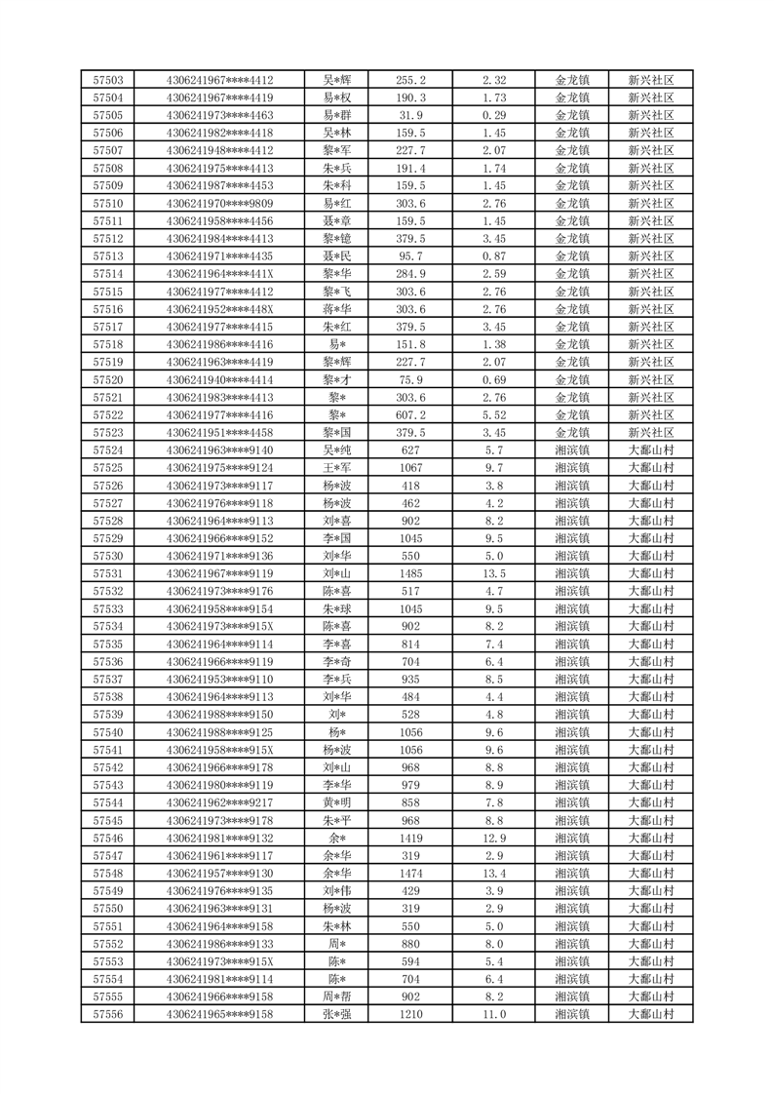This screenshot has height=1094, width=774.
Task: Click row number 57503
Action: pos(108,80)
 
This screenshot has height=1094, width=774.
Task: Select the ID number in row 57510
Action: pos(220,204)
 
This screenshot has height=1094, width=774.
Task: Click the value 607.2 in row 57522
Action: pos(410,415)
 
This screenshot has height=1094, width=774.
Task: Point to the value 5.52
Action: pos(494,415)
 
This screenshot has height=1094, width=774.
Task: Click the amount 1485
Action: pos(410,573)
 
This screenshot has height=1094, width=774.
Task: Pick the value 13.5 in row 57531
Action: pos(494,573)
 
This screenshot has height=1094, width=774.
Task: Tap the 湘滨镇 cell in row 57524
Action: pos(572,450)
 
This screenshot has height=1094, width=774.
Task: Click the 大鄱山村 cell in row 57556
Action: pos(651,1014)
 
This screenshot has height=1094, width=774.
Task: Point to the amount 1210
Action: pos(410,1014)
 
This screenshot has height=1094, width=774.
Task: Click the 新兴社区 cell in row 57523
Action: pos(651,433)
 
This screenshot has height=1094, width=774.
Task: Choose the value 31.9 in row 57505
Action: pos(410,115)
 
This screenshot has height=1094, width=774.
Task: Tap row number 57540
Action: pos(108,732)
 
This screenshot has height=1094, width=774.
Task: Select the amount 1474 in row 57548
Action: pos(410,873)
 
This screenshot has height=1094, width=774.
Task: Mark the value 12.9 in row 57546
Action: pos(494,838)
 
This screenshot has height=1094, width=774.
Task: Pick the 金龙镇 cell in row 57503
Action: pos(572,80)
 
